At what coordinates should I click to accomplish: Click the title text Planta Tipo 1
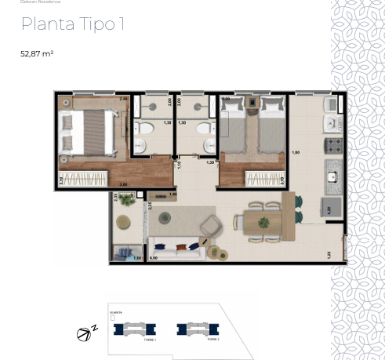(x=72, y=24)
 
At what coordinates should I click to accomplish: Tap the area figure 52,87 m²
(x=36, y=54)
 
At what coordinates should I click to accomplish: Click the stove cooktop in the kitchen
(x=333, y=145)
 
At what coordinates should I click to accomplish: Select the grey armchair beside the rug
(x=211, y=227)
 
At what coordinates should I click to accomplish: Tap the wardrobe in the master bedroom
(x=84, y=180)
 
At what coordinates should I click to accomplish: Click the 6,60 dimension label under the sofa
(x=154, y=257)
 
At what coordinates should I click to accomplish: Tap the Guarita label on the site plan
(x=115, y=312)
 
